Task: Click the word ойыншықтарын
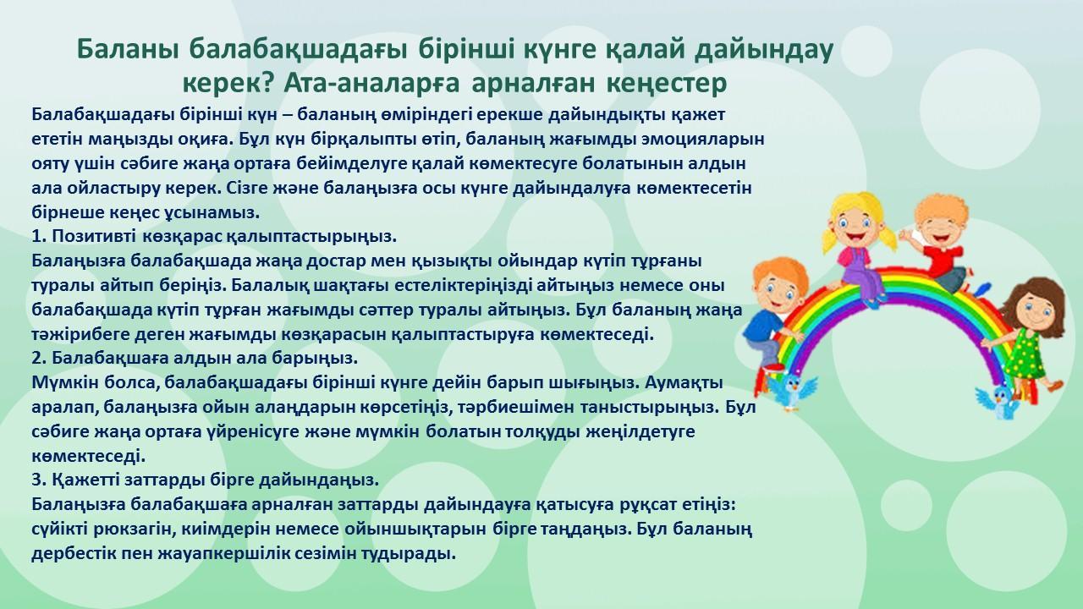tap(415, 529)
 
